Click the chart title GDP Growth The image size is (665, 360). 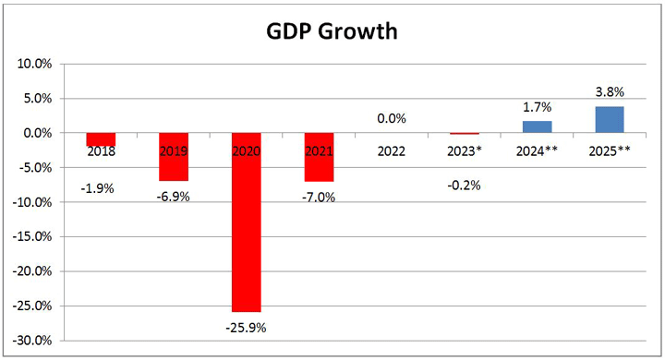pyautogui.click(x=332, y=32)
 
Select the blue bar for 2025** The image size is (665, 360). pyautogui.click(x=609, y=120)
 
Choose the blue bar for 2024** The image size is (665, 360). pyautogui.click(x=537, y=127)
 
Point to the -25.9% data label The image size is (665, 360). pyautogui.click(x=246, y=328)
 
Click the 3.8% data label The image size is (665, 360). pyautogui.click(x=609, y=91)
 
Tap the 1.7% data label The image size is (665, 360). pyautogui.click(x=537, y=106)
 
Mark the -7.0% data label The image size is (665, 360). pyautogui.click(x=319, y=197)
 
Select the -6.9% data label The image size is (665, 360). pyautogui.click(x=173, y=197)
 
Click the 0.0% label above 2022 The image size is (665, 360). pyautogui.click(x=391, y=118)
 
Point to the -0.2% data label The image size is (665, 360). pyautogui.click(x=464, y=185)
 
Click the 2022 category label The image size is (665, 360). pyautogui.click(x=391, y=150)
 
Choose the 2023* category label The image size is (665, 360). pyautogui.click(x=464, y=150)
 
